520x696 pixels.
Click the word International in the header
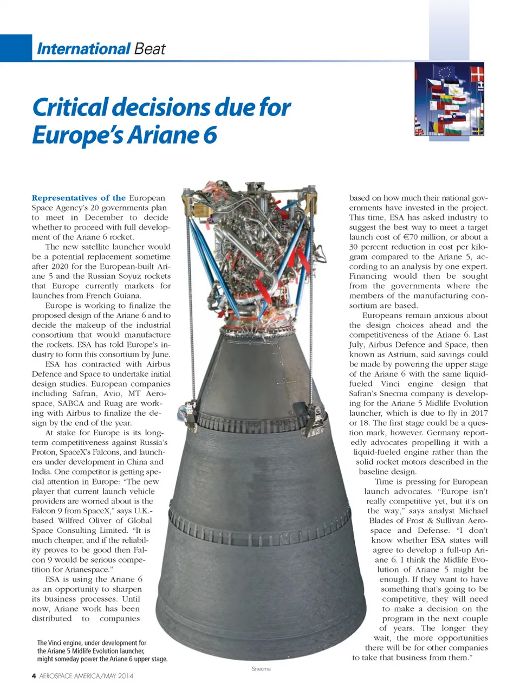[x=83, y=49]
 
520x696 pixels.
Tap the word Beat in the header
[x=149, y=49]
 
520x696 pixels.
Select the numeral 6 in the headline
[x=210, y=134]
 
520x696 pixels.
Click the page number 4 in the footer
[x=34, y=676]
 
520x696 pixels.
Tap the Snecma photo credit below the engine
[x=261, y=669]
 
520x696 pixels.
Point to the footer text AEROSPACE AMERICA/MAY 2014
[x=86, y=676]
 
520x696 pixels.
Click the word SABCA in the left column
[x=71, y=403]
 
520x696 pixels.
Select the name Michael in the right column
[x=473, y=511]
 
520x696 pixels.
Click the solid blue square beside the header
[x=16, y=48]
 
